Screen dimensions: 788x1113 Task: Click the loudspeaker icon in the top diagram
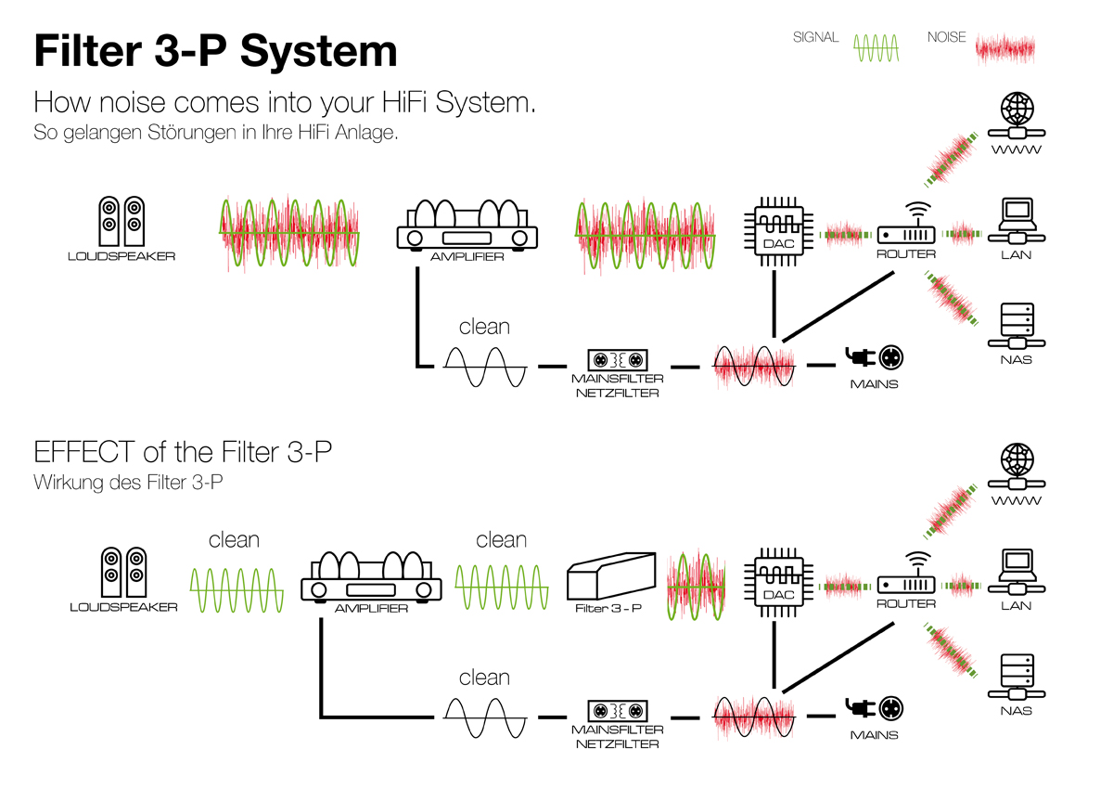pos(122,220)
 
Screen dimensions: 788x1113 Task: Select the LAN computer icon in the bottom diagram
pos(1017,570)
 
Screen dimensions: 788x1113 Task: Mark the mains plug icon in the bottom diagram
pos(874,709)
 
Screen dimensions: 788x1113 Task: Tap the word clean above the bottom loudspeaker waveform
pos(234,540)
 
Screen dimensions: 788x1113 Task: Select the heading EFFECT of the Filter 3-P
pos(183,452)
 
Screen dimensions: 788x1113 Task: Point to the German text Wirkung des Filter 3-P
pos(129,483)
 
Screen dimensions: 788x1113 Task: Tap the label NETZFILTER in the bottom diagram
pos(618,744)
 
